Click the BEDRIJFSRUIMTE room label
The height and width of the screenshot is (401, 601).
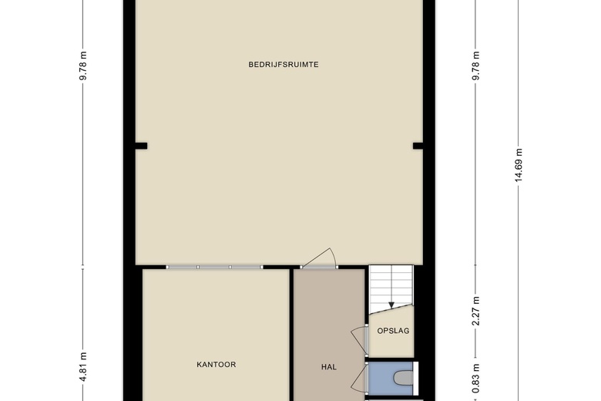(x=284, y=65)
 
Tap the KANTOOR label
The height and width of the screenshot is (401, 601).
(x=217, y=365)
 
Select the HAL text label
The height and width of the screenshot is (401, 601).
(x=329, y=367)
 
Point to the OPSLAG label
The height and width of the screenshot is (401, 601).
(x=393, y=331)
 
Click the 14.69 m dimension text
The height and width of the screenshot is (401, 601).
(x=519, y=166)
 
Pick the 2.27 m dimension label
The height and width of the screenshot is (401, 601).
(x=475, y=312)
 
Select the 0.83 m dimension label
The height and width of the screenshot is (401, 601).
(x=475, y=379)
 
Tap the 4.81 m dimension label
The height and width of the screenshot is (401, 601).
(x=83, y=367)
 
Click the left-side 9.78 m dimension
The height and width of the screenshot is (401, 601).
(x=83, y=66)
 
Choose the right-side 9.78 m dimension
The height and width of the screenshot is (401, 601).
(x=475, y=66)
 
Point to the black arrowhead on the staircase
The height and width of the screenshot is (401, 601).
(x=391, y=305)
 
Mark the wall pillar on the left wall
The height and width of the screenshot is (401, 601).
(x=141, y=146)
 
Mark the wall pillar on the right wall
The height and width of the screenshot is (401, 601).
(x=418, y=146)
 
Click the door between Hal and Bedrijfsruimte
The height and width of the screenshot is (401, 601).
(x=319, y=259)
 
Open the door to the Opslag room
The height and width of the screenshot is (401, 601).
(x=361, y=340)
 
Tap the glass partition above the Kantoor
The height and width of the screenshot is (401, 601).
(x=214, y=267)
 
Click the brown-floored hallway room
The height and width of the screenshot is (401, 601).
(x=329, y=335)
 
